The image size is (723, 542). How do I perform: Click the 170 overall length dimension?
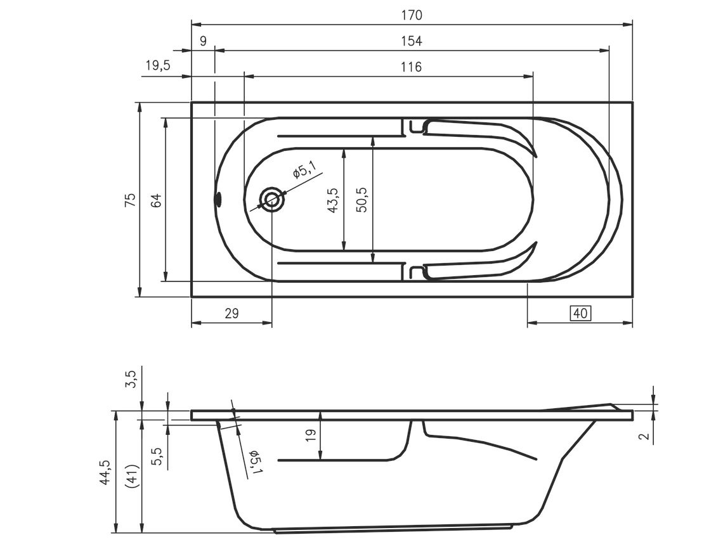click(x=412, y=15)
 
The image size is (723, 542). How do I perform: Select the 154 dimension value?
click(x=412, y=41)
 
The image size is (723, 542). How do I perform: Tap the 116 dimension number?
click(x=412, y=67)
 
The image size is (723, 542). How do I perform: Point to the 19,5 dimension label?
click(x=158, y=65)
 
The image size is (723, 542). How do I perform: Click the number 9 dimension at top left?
click(x=204, y=41)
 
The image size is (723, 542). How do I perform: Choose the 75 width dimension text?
click(x=131, y=199)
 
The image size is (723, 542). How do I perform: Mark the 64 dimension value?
click(x=157, y=201)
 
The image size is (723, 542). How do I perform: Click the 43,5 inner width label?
click(x=333, y=200)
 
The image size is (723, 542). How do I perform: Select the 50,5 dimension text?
click(x=361, y=199)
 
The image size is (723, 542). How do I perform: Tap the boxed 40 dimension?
click(x=580, y=313)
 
